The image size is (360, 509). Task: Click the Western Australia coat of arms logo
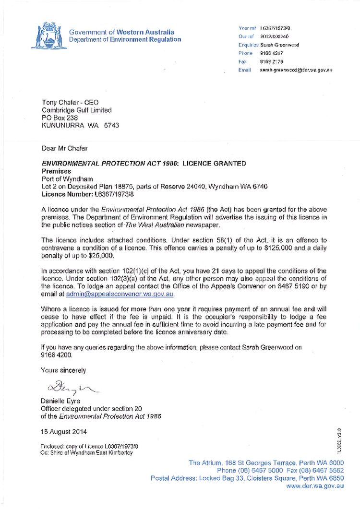pos(46,36)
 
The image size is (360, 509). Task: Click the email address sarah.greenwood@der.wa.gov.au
pos(296,70)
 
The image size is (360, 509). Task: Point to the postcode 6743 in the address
pos(110,125)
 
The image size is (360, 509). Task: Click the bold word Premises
pos(56,171)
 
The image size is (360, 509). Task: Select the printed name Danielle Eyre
pos(60,401)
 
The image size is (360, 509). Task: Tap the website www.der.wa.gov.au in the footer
pos(315,486)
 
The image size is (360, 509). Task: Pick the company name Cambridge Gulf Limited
pos(76,110)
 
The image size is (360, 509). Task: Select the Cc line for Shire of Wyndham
pos(86,452)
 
